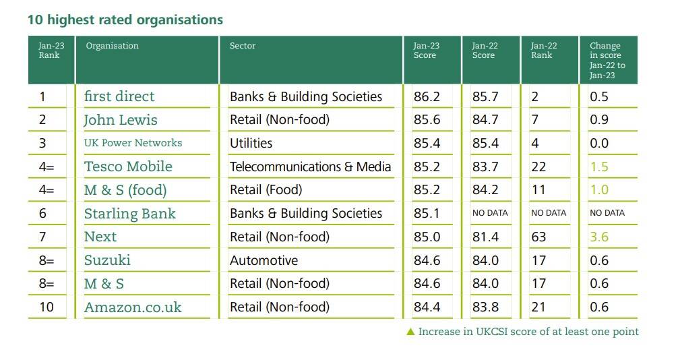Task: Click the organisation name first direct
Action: pos(119,96)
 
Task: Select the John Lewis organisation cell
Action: pos(121,120)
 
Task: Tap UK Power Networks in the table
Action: pos(133,143)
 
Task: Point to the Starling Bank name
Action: pos(129,214)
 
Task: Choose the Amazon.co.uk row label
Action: pos(133,307)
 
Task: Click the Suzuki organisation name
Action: pos(107,260)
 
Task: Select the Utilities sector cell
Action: pos(251,143)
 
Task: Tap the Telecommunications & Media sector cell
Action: pos(310,167)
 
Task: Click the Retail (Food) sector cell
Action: pos(266,189)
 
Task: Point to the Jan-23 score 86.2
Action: pos(426,96)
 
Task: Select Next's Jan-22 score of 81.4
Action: pos(485,237)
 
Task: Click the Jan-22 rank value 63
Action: pos(538,237)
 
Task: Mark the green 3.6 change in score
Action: pos(599,237)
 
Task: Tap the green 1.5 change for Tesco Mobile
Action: pos(599,167)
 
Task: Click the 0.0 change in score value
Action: pos(599,143)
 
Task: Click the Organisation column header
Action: pos(112,46)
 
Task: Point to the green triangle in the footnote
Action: pos(410,332)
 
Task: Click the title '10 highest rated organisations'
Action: pos(125,20)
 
